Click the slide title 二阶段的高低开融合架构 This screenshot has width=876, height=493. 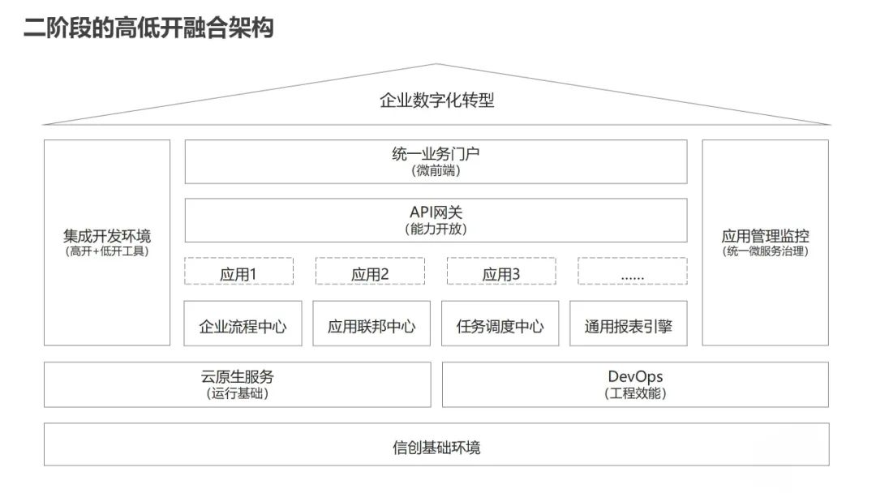point(148,29)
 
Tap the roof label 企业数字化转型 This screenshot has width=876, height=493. point(436,101)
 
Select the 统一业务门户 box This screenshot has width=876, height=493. point(436,161)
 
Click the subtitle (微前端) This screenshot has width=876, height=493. point(436,171)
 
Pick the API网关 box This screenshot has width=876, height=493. point(436,220)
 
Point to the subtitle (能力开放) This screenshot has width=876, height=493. point(436,229)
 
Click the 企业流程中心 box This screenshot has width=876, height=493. point(243,326)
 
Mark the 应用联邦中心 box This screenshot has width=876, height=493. point(371,326)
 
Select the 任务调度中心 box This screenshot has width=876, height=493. point(500,326)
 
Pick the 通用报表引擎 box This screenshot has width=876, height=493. point(629,326)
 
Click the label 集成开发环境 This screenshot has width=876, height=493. point(107,237)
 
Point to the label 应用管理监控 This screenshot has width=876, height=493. point(765,237)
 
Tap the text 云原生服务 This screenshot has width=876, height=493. point(237,376)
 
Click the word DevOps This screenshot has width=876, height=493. point(635,376)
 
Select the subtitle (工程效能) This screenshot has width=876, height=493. point(635,393)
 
